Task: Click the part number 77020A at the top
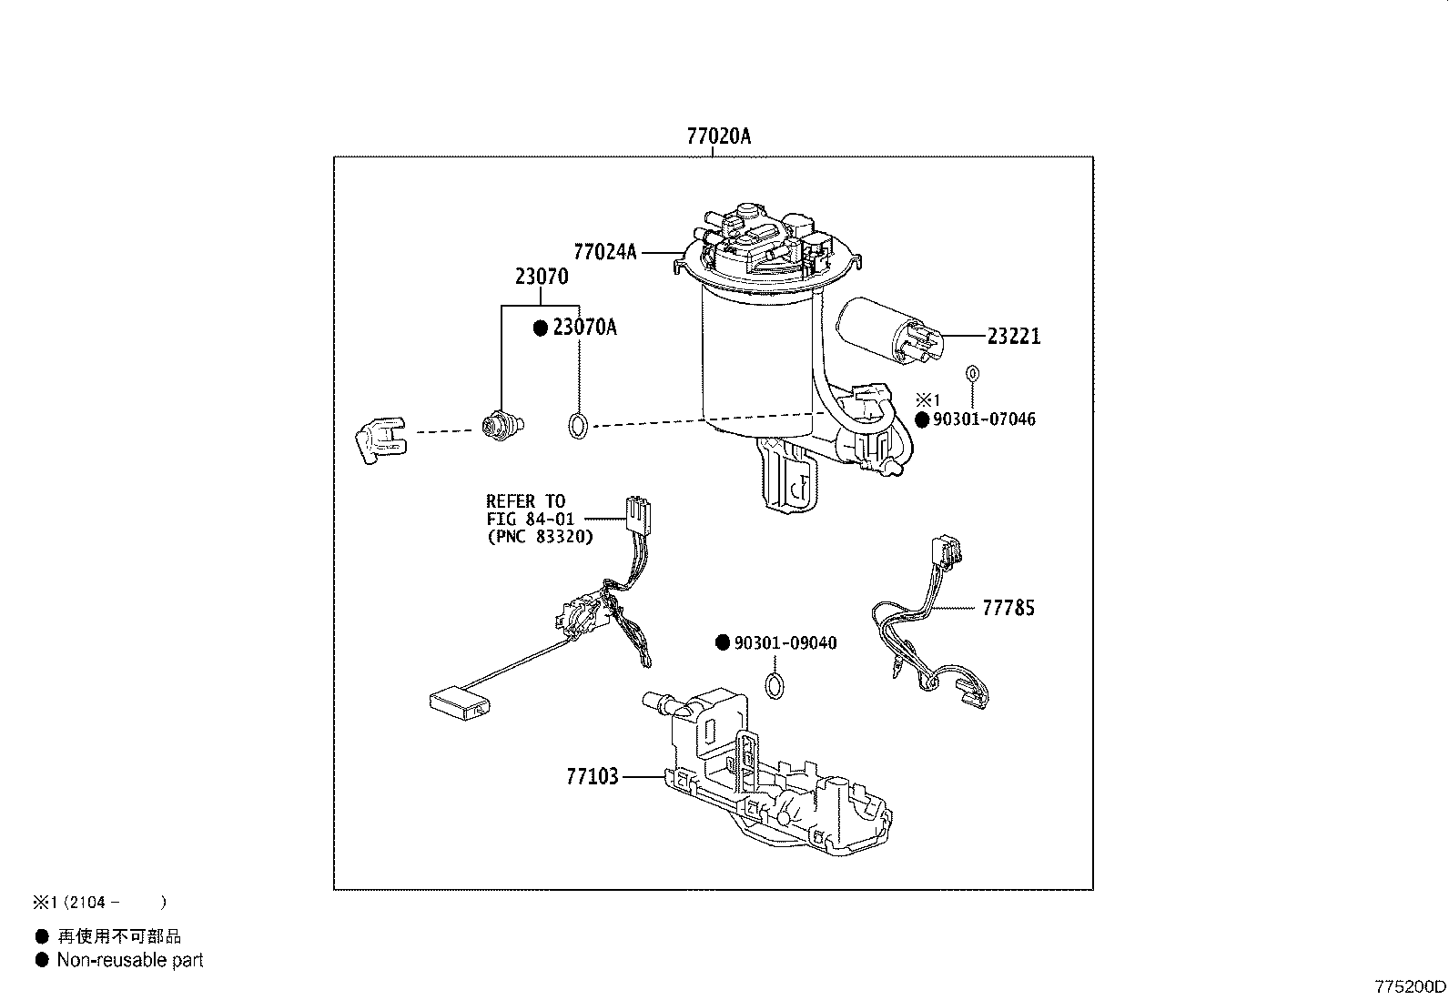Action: point(718,136)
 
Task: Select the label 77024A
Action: point(604,252)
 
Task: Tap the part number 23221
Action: point(1014,337)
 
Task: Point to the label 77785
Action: point(1008,608)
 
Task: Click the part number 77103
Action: point(592,776)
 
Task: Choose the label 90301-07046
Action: point(984,419)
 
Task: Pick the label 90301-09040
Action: point(785,643)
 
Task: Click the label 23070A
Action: point(584,328)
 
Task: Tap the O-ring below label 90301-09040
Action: point(774,685)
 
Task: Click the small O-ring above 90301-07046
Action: point(971,373)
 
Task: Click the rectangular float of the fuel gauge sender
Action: point(459,702)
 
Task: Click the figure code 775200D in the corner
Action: point(1409,986)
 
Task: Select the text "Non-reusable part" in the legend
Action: point(130,960)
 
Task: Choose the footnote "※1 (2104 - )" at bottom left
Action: point(100,903)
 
